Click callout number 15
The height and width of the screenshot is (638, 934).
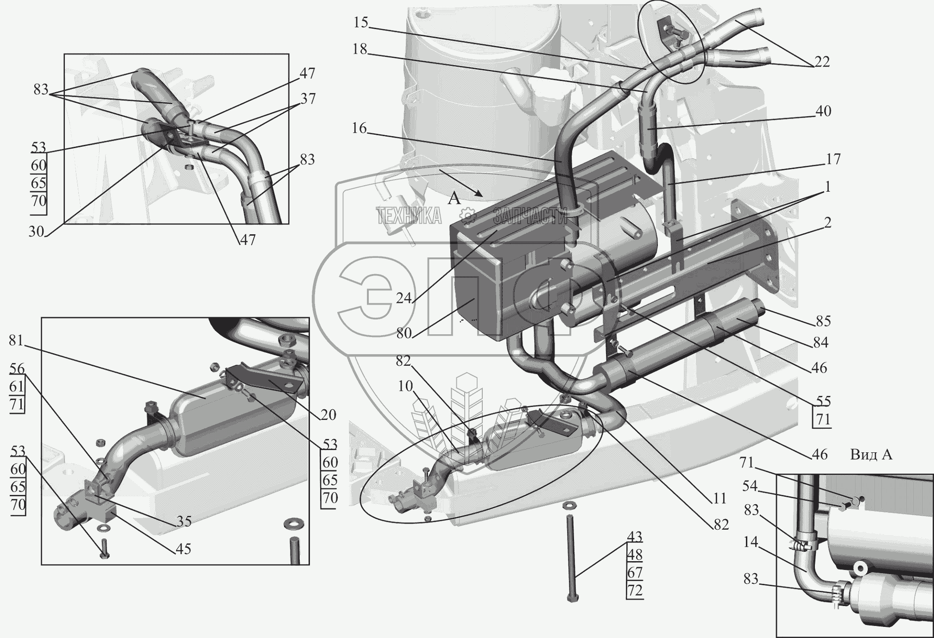point(360,22)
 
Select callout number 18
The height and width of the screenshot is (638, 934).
point(360,49)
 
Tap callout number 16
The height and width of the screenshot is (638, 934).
point(359,128)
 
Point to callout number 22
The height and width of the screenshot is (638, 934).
point(822,62)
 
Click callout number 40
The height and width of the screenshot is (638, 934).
point(823,111)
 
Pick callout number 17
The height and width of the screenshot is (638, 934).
point(833,159)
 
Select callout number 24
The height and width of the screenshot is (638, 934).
point(404,298)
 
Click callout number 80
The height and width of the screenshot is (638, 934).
point(404,333)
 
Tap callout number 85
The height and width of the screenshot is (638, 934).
point(823,321)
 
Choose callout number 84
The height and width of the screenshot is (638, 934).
point(820,343)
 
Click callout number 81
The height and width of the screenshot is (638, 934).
point(16,340)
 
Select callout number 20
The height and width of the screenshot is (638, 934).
point(328,415)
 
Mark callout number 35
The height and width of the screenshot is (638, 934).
point(184,521)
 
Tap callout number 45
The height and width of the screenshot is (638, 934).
point(183,549)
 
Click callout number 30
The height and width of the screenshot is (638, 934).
point(36,231)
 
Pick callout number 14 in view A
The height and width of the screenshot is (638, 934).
point(751,542)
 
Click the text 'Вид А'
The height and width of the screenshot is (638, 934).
point(871,455)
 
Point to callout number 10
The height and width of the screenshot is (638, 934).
point(405,386)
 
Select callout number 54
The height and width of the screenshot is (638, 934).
point(750,486)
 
